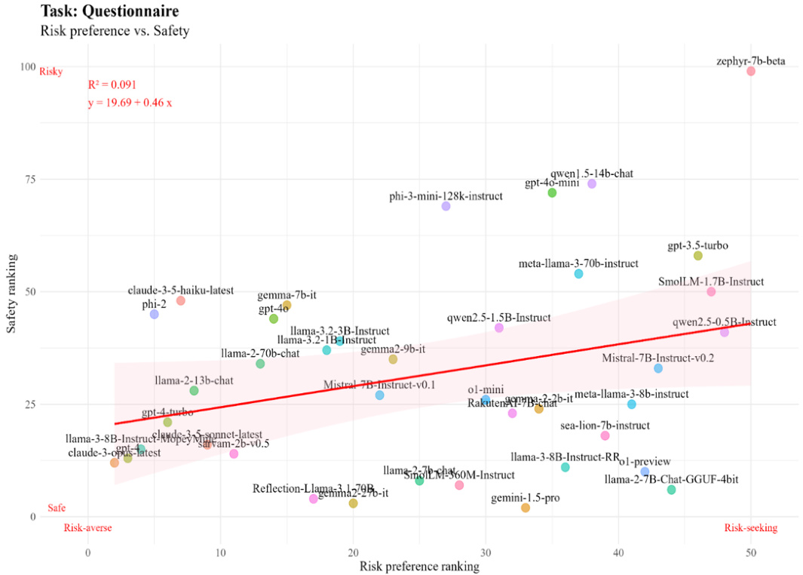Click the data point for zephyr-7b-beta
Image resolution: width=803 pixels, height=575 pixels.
pyautogui.click(x=751, y=71)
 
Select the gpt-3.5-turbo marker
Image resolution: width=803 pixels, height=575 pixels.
pyautogui.click(x=698, y=256)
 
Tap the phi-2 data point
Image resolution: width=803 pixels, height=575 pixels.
pyautogui.click(x=155, y=314)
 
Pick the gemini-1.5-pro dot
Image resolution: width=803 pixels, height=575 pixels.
pyautogui.click(x=526, y=508)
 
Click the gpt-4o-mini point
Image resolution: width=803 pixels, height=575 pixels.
pyautogui.click(x=552, y=193)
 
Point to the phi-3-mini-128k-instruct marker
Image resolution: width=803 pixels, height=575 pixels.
pyautogui.click(x=446, y=206)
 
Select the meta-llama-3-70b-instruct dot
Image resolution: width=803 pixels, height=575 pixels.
pyautogui.click(x=579, y=274)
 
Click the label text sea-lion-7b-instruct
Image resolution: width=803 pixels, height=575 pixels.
pyautogui.click(x=605, y=426)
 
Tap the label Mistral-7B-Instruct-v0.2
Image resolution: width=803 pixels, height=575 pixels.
pyautogui.click(x=658, y=358)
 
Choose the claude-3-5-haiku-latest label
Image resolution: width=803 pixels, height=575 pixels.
pyautogui.click(x=181, y=291)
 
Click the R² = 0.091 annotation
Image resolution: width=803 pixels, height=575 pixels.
pyautogui.click(x=112, y=85)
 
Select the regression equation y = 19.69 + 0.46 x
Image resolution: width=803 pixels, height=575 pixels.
pyautogui.click(x=130, y=103)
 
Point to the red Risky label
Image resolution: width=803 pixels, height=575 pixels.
pyautogui.click(x=51, y=72)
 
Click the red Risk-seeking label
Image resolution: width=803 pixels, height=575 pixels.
pyautogui.click(x=750, y=528)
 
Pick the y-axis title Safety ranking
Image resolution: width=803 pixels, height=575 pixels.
pyautogui.click(x=13, y=291)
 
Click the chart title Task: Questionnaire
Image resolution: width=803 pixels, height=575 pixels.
pyautogui.click(x=109, y=12)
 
